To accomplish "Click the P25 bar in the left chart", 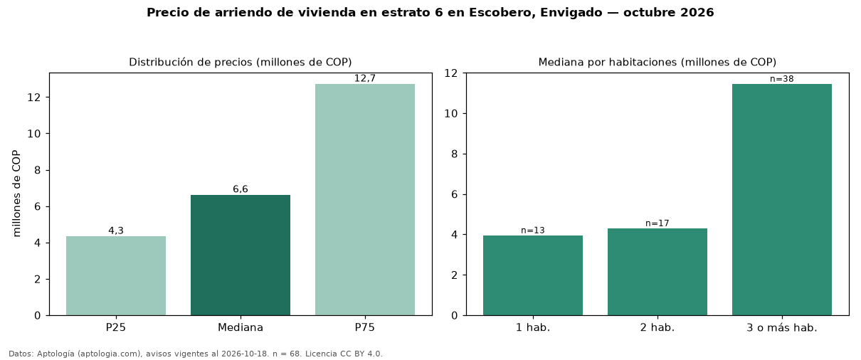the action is click(116, 276).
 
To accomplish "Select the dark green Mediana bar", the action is click(241, 255).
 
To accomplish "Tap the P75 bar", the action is click(365, 200).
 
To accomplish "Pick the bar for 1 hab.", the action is click(533, 275).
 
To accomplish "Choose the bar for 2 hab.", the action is click(657, 272).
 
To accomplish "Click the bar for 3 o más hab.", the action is click(782, 200).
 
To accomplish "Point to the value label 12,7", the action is click(365, 78).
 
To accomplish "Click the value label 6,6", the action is click(241, 189).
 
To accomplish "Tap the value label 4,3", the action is click(116, 231).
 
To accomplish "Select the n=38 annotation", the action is click(782, 79).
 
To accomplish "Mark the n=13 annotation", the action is click(533, 230).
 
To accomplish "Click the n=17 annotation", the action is click(657, 223).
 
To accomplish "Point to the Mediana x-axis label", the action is click(241, 327).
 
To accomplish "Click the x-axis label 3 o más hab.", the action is click(782, 328).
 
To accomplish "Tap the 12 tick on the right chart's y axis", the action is click(451, 73).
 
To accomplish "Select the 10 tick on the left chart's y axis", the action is click(34, 134).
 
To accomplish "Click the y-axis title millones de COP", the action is click(16, 194).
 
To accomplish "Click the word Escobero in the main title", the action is click(502, 13).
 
